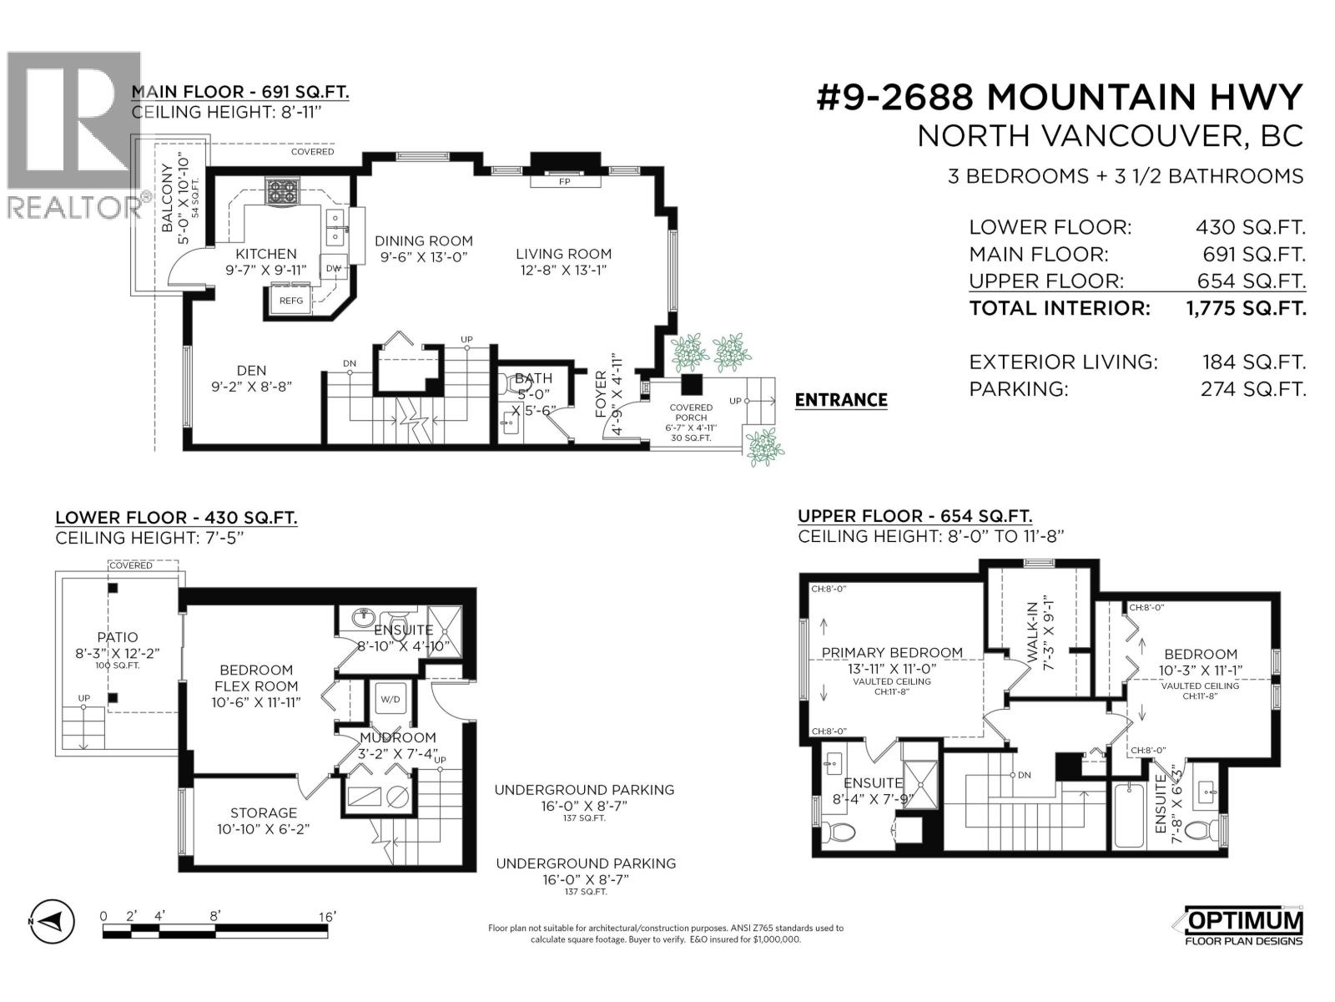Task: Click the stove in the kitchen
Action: (x=282, y=192)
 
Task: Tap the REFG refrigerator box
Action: (x=290, y=301)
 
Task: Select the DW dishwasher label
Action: (x=334, y=269)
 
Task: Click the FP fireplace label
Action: (x=565, y=181)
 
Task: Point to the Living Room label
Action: (x=563, y=254)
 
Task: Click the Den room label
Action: (x=251, y=371)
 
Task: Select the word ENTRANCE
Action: (x=840, y=400)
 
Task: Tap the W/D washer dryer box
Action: (x=390, y=699)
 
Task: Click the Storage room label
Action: (x=264, y=812)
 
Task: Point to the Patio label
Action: (x=117, y=637)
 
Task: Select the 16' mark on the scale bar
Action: (x=325, y=917)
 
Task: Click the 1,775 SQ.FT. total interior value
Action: (x=1246, y=308)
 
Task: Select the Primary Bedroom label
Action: (x=892, y=653)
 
